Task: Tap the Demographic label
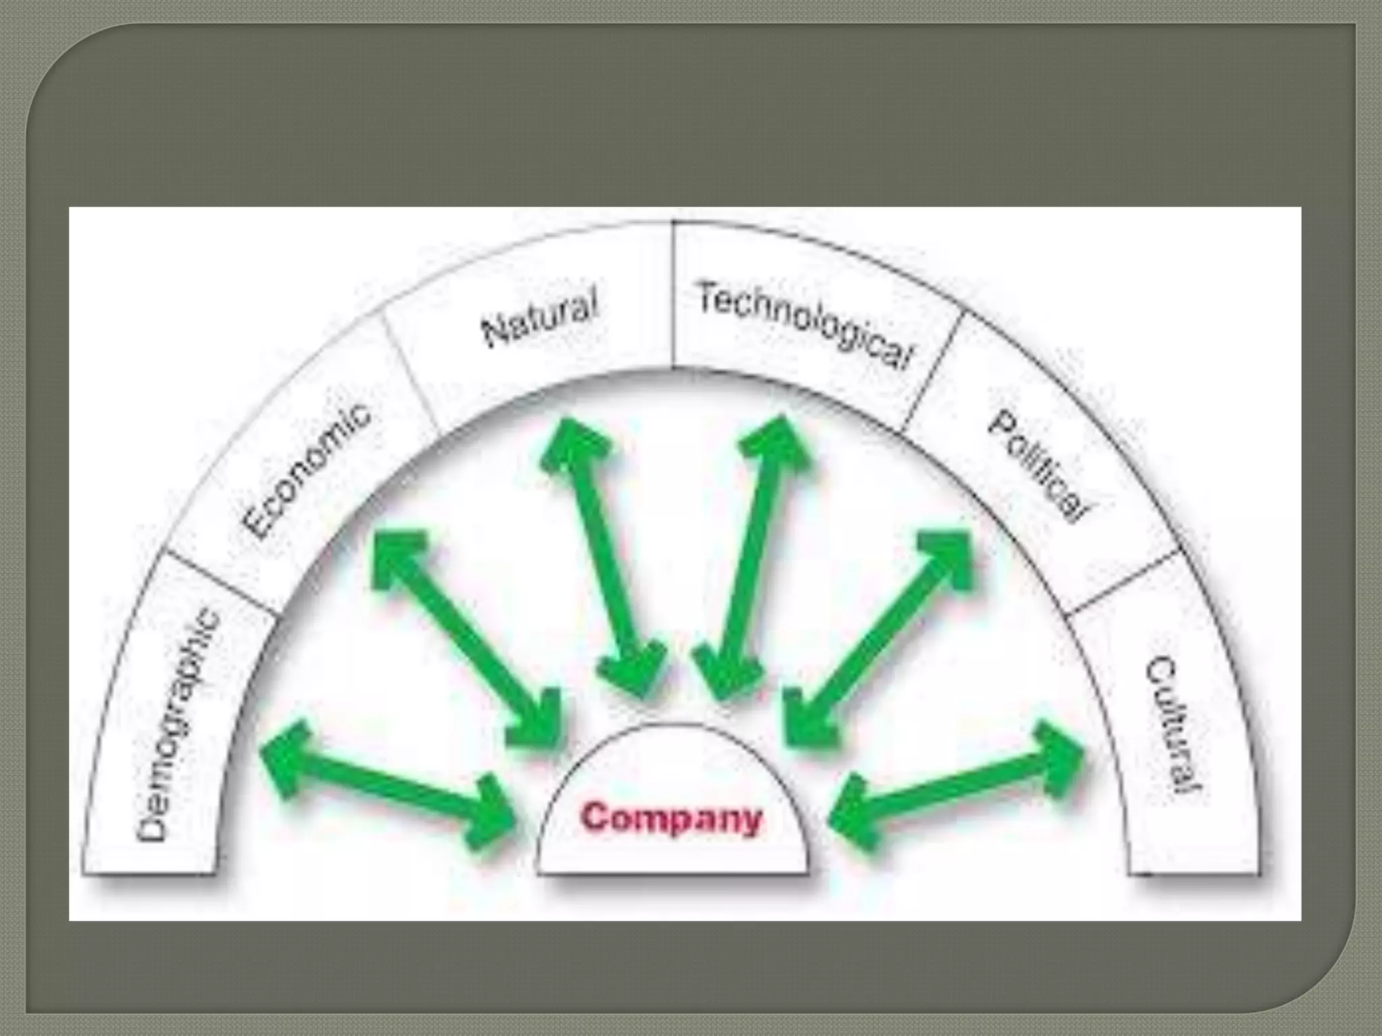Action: pos(179,726)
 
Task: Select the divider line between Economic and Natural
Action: pos(410,374)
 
